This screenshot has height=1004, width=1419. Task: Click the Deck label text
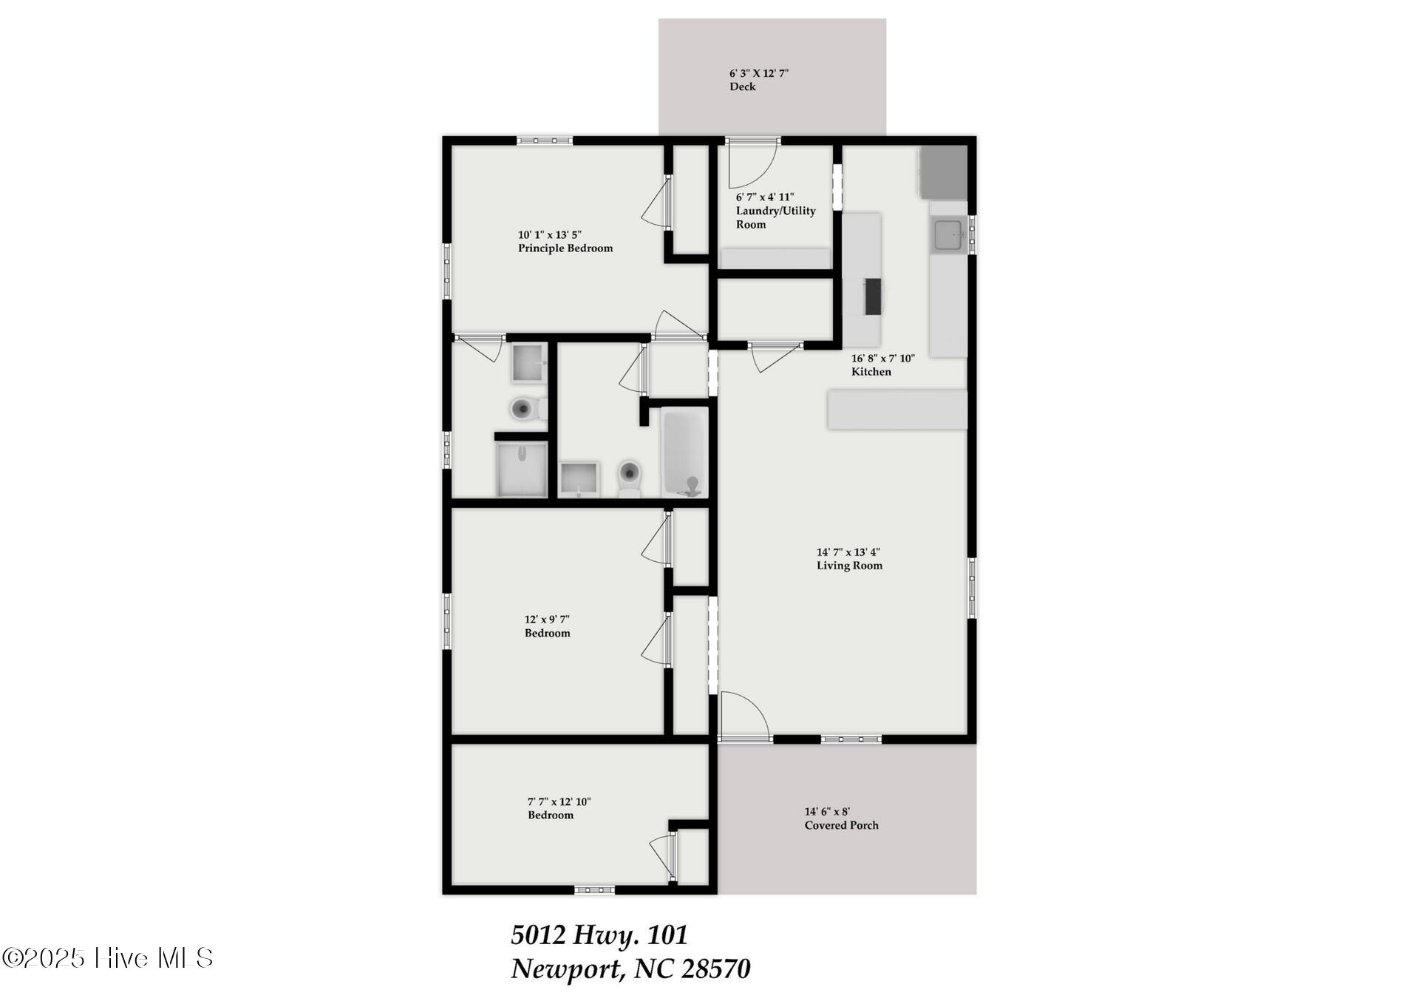742,87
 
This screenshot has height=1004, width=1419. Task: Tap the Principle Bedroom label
565,248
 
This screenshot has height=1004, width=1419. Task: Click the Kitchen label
871,372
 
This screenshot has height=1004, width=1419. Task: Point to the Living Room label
849,566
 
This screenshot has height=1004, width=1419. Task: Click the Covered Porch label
841,825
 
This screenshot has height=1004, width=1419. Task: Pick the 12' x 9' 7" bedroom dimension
547,620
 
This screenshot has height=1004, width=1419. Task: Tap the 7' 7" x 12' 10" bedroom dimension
559,801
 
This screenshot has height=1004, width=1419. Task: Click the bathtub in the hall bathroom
684,452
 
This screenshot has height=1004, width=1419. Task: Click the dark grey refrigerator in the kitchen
943,172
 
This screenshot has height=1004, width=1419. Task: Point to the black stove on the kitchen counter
874,296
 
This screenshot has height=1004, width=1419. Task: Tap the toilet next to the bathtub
629,477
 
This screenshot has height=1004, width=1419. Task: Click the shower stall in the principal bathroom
522,469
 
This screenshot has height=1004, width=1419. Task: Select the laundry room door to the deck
751,163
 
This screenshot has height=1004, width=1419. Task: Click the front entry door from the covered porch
744,716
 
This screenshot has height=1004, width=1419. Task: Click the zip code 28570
715,969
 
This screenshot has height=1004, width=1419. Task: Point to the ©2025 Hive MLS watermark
108,958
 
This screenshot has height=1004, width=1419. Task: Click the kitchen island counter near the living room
897,410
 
